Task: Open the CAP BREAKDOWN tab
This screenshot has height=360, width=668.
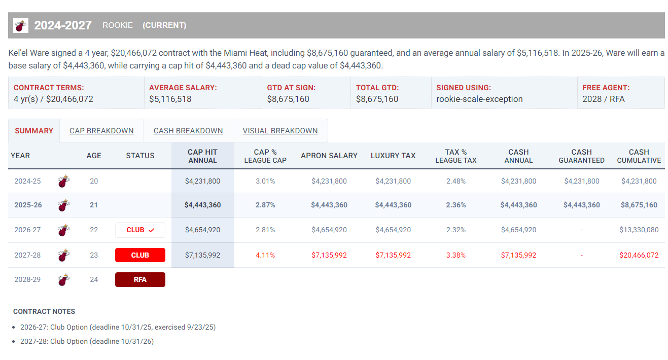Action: click(x=101, y=131)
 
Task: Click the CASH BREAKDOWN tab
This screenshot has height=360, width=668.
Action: click(x=188, y=131)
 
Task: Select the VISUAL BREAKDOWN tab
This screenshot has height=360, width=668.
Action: click(x=280, y=131)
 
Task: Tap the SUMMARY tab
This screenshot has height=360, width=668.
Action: click(x=34, y=131)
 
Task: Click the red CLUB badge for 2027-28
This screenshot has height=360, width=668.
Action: click(x=140, y=255)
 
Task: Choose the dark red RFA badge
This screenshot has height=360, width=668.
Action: click(x=140, y=279)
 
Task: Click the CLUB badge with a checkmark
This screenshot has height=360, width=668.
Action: click(x=140, y=230)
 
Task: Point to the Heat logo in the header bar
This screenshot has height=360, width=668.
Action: click(x=21, y=25)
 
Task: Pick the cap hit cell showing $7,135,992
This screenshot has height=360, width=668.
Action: click(x=202, y=255)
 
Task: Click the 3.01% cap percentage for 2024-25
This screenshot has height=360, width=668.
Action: click(x=265, y=181)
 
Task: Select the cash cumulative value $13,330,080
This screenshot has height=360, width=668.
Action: click(x=639, y=230)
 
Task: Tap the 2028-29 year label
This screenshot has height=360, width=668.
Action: click(x=27, y=279)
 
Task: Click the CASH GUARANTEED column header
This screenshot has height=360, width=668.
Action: click(x=581, y=156)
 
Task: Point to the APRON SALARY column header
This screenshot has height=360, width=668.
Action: click(x=329, y=156)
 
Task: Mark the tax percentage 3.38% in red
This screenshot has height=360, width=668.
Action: click(x=455, y=255)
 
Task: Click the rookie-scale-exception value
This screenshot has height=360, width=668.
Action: click(x=479, y=99)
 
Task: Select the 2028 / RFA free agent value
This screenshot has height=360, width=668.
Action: click(x=604, y=99)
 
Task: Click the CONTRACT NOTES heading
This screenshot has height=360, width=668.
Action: click(x=44, y=311)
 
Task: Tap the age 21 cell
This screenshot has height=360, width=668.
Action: click(x=94, y=205)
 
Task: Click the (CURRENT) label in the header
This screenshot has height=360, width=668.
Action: click(x=164, y=25)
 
